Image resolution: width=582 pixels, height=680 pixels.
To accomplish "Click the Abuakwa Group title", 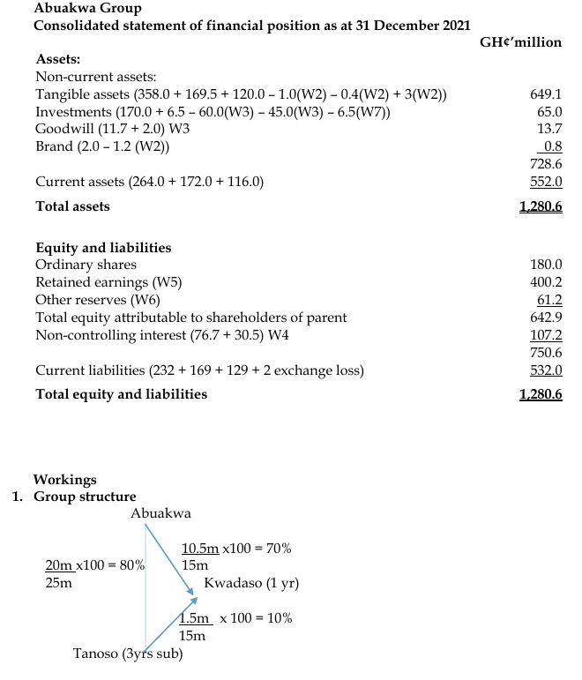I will pos(87,8).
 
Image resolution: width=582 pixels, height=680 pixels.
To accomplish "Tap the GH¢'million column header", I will pos(519,41).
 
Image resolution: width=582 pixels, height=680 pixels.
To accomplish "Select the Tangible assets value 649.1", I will pos(548,94).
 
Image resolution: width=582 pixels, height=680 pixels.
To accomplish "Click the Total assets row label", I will pos(73,205).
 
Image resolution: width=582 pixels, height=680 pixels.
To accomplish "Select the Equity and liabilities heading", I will pos(103,248).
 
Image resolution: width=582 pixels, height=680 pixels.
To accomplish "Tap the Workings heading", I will pos(65,480).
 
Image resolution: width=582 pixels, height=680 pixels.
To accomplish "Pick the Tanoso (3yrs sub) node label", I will pos(128,654).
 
